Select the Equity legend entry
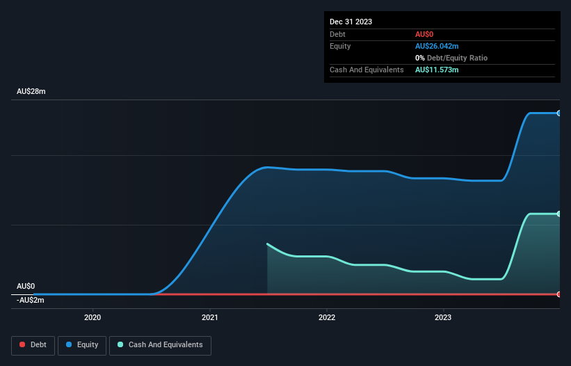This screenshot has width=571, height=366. pos(82,344)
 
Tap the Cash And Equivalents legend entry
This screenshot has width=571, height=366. pos(160,344)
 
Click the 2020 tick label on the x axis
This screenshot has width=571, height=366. pos(93,318)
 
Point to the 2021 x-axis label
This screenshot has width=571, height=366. pos(209,318)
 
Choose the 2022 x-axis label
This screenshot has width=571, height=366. pos(326,318)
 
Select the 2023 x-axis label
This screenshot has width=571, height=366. pos(443,318)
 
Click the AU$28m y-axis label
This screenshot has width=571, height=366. pos(31,92)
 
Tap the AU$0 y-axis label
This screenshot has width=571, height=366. pos(26,286)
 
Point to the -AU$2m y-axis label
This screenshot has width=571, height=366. pos(31,300)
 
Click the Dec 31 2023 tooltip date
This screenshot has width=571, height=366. pos(351,22)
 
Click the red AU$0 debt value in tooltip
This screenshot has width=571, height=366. pos(425,34)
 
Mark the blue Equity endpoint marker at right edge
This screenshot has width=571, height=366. pos(558,113)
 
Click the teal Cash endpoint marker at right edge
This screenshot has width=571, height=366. pos(558,214)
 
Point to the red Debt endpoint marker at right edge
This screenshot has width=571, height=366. pos(558,294)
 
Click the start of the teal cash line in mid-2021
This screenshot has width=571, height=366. pos(268,244)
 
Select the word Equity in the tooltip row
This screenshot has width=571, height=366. pos(340,46)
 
